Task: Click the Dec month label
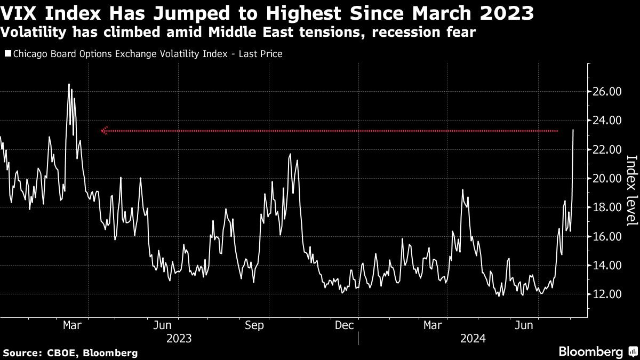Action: pyautogui.click(x=344, y=325)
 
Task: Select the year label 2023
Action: pyautogui.click(x=179, y=338)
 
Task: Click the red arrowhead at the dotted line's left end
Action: pyautogui.click(x=105, y=131)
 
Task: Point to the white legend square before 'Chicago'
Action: pyautogui.click(x=7, y=54)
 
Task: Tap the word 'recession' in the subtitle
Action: pyautogui.click(x=399, y=33)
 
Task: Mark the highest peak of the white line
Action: pyautogui.click(x=69, y=84)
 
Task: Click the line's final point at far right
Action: pyautogui.click(x=573, y=130)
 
